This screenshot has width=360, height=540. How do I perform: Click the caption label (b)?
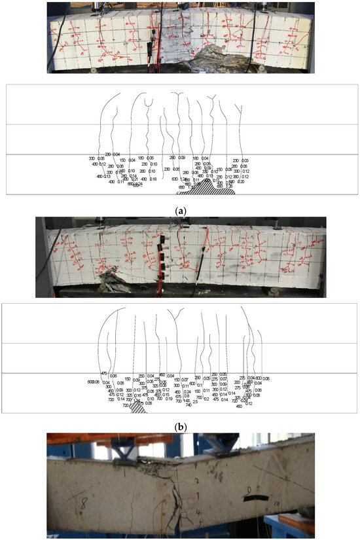click(180, 426)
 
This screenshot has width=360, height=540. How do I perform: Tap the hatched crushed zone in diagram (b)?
click(138, 407)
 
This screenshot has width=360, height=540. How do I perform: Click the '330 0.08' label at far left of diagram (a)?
click(96, 158)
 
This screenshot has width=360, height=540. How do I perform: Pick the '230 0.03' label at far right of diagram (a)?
click(241, 160)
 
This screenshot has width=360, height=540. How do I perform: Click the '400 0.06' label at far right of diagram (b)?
click(262, 378)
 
